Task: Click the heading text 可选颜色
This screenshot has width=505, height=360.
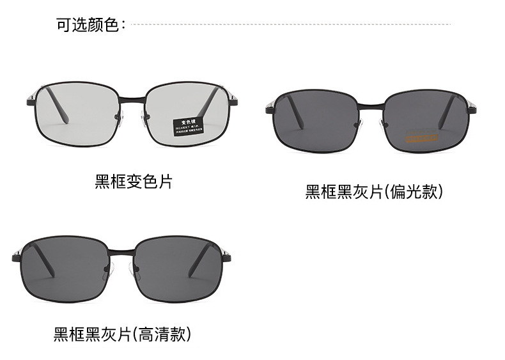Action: pos(88,26)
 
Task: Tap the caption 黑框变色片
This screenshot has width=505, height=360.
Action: pos(134,182)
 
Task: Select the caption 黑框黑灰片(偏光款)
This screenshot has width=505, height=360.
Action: pos(374,192)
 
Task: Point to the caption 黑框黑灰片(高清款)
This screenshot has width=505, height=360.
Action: pos(122,334)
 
